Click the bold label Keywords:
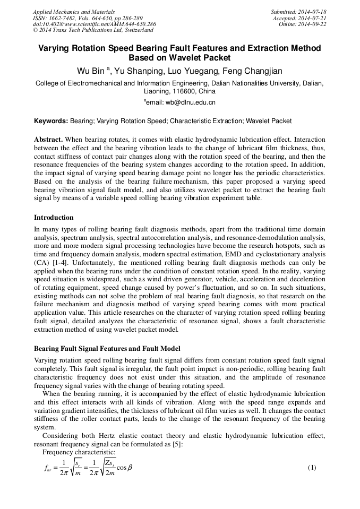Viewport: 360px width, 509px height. coord(51,121)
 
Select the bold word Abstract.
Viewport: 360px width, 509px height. coord(48,139)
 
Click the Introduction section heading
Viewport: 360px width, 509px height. coord(54,217)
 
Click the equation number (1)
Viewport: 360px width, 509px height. coord(312,468)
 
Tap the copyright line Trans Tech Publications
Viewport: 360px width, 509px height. coord(93,30)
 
